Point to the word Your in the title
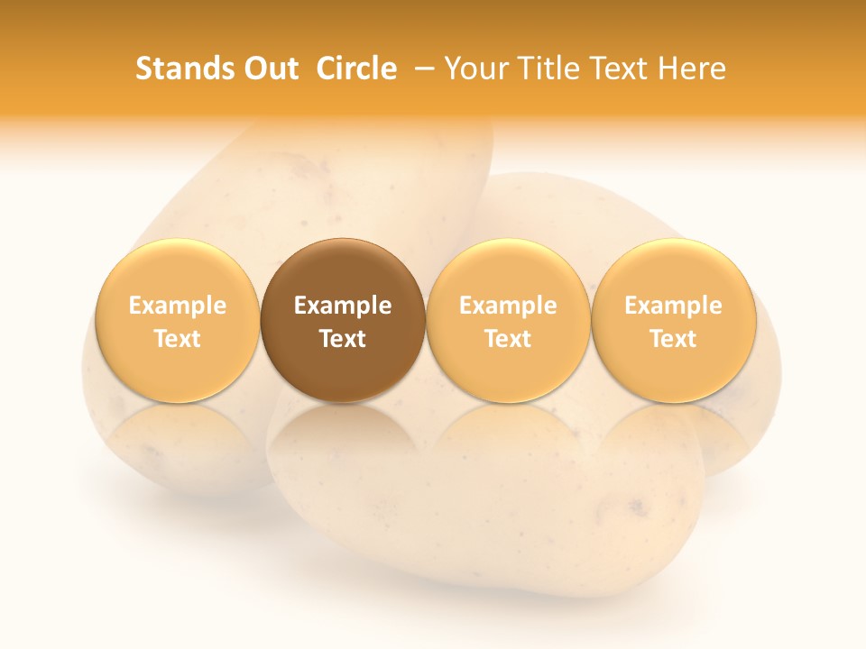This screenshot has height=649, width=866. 475,69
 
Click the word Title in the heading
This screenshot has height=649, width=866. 543,69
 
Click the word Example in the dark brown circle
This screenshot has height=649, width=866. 343,306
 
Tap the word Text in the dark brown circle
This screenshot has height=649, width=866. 343,339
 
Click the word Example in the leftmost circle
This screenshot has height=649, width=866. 178,306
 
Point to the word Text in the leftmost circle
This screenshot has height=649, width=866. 178,339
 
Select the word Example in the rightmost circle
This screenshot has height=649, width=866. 674,306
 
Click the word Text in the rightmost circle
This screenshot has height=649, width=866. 674,339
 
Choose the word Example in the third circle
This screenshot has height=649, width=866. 508,306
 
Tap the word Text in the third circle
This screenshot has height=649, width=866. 508,339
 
